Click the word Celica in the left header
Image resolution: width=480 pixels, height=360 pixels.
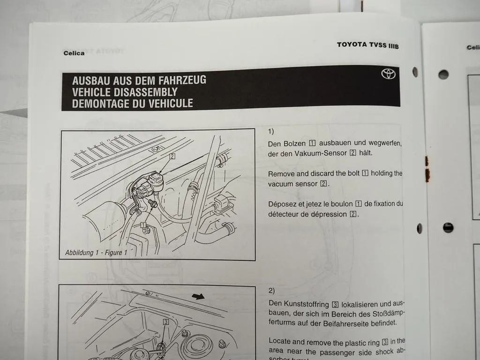(74, 53)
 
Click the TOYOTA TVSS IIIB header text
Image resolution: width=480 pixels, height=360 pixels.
(367, 45)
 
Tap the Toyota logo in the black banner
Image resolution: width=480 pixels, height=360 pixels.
(388, 74)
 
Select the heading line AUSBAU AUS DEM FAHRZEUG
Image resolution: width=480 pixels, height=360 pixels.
(139, 80)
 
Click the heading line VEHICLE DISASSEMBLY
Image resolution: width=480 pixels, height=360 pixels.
(125, 92)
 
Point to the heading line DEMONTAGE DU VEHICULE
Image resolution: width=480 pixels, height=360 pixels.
(132, 104)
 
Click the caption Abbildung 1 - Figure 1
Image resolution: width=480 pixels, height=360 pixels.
(96, 253)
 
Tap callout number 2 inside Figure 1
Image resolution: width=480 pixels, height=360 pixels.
(172, 156)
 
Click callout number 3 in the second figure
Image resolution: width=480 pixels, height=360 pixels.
(166, 322)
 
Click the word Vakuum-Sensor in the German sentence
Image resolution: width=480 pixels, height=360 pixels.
(319, 153)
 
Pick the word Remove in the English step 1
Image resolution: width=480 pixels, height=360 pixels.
(282, 174)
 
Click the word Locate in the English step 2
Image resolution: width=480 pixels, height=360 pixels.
(280, 342)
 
